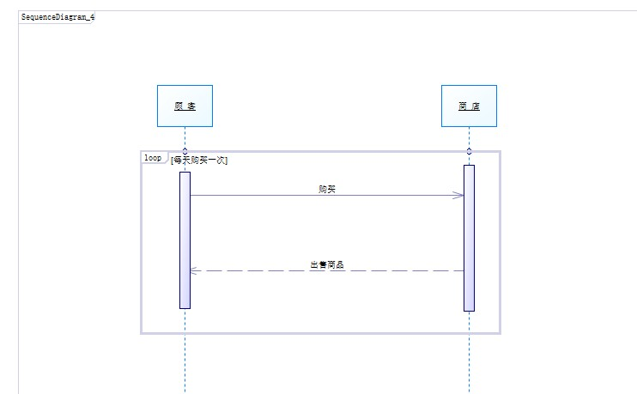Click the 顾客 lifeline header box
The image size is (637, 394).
click(x=185, y=106)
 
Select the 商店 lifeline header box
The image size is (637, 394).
click(x=469, y=106)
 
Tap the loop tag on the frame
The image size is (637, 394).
click(x=153, y=158)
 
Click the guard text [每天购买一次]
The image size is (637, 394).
click(x=199, y=160)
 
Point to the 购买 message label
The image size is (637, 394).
click(x=326, y=189)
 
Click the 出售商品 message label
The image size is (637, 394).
click(x=326, y=265)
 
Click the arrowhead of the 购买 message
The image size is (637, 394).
click(x=460, y=195)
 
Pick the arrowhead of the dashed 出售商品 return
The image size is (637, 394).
click(x=193, y=270)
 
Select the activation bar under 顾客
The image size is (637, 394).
click(x=185, y=240)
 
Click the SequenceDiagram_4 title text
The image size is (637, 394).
click(x=58, y=17)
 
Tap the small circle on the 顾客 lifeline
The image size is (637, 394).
click(x=185, y=151)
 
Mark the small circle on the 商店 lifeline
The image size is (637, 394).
click(x=469, y=151)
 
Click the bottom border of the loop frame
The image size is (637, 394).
click(x=320, y=332)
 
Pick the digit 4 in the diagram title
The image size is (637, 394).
click(x=92, y=17)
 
